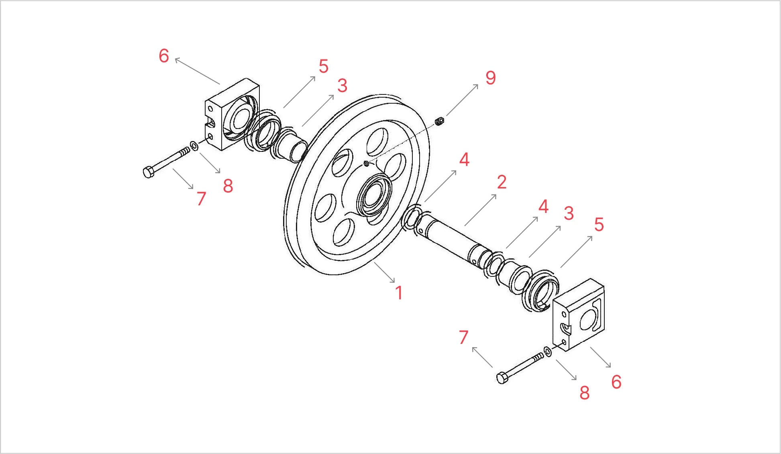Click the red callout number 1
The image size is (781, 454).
coord(399,293)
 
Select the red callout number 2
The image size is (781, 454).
coord(502,182)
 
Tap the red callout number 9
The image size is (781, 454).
coord(491,78)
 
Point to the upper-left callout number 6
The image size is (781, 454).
coord(164,56)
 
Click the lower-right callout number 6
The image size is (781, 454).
coord(616,382)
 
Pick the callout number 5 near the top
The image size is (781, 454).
coord(324,66)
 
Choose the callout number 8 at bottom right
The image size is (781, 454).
coord(585,393)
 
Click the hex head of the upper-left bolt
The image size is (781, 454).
coord(148,172)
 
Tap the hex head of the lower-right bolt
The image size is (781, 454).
coord(502,378)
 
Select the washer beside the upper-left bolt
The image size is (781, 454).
coord(194,145)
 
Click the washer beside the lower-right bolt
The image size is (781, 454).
coord(547,352)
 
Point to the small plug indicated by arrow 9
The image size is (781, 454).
coord(440,121)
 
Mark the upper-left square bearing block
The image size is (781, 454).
coord(232,115)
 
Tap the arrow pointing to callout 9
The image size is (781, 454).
coord(462,100)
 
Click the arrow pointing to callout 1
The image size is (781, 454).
coord(384,272)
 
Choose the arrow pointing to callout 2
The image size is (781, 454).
coord(481,210)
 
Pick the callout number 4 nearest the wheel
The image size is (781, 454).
coord(464,160)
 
